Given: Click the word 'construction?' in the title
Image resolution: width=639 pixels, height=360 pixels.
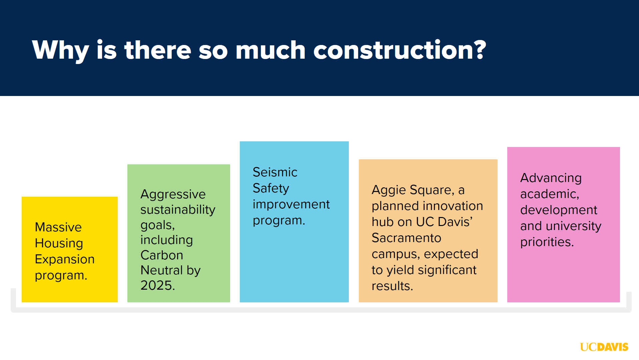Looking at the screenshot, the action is coord(400,50).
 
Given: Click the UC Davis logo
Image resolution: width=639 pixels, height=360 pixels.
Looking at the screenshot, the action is coord(604,347).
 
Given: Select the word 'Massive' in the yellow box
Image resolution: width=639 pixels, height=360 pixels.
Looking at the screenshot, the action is coord(58,227).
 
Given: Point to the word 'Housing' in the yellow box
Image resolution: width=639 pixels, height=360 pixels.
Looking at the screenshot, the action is coord(59,244).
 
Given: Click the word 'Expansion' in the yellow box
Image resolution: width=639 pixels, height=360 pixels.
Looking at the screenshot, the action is coord(65,259).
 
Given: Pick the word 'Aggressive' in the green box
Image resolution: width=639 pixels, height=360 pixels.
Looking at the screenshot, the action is coord(173,195).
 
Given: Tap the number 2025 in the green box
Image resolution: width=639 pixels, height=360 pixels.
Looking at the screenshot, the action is coord(157,285).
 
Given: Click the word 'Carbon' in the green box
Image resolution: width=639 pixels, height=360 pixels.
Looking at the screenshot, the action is coord(162,255).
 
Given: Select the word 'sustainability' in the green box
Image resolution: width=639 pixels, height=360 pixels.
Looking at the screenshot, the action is coord(178,210).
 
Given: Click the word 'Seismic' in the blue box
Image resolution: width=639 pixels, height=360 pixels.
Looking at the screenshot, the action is coord(275,172).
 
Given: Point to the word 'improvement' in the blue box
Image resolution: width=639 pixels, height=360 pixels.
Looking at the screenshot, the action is coord(291,205).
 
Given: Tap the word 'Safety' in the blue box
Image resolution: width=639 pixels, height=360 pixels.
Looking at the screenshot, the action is coord(271,189).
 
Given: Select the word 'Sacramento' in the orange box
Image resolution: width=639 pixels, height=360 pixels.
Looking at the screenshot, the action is coord(407,238).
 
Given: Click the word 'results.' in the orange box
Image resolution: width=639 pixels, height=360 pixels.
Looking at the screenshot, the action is coord(392,286).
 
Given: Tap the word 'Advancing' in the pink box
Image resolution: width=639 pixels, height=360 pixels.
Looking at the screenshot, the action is coord(551,178).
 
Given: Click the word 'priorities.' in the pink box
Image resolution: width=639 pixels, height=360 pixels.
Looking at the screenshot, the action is coord(547,242).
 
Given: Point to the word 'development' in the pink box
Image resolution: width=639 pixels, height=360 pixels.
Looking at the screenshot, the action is coord(559,210).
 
